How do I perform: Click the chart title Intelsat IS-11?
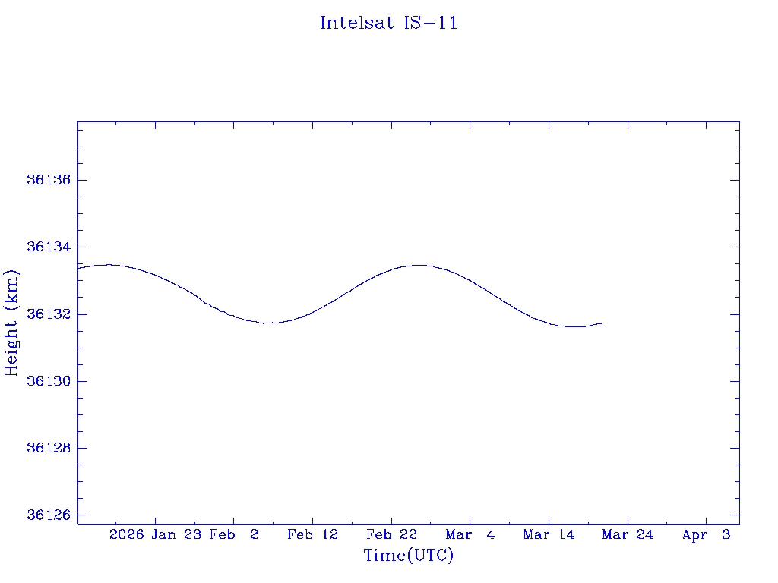click(388, 23)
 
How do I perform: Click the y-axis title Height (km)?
click(11, 323)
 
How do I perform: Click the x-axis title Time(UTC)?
click(408, 556)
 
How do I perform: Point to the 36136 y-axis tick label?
click(48, 180)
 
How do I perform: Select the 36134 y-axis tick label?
click(48, 247)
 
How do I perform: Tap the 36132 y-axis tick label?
click(48, 314)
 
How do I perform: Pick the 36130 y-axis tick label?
click(48, 381)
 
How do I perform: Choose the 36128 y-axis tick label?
click(48, 448)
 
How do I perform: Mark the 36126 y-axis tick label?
click(48, 515)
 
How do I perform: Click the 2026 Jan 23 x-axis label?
click(154, 535)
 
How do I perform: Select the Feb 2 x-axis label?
click(234, 535)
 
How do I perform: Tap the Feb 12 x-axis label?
click(312, 535)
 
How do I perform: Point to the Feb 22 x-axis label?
click(391, 535)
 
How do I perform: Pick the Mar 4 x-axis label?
click(470, 535)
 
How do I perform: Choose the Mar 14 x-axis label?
click(549, 535)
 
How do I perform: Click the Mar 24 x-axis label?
click(628, 535)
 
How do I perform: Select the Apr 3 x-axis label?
click(707, 535)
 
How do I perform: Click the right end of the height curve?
click(602, 323)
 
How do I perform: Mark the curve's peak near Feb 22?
click(419, 265)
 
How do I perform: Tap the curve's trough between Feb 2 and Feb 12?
click(269, 323)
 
